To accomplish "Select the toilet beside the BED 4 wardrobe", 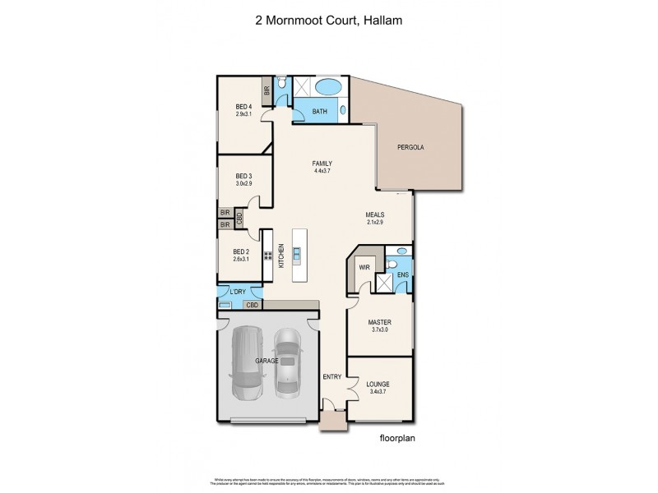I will [281, 84].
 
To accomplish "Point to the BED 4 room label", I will [243, 106].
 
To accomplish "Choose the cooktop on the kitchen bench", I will [267, 255].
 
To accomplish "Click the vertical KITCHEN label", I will [281, 256].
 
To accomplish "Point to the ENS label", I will [401, 275].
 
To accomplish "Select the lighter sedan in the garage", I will [286, 362].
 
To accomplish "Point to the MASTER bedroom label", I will [378, 322].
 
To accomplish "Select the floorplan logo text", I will [398, 438].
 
